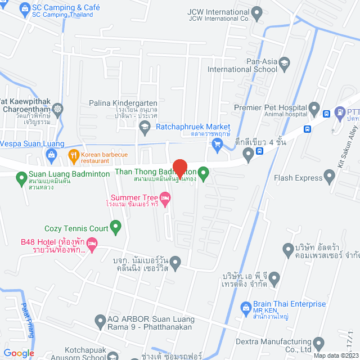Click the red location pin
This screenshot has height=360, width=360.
tap(179, 168)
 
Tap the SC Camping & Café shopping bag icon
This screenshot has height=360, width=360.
tap(24, 8)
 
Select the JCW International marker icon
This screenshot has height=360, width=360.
tap(257, 12)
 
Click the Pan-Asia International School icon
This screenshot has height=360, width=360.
tap(284, 62)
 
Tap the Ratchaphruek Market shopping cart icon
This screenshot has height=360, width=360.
tap(218, 145)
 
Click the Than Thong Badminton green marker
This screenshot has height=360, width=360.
tap(204, 172)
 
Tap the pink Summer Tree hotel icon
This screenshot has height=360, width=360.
tap(165, 197)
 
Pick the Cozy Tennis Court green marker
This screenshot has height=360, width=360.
tap(116, 228)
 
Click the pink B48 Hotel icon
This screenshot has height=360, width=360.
tap(93, 243)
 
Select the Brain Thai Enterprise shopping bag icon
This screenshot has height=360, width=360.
tap(245, 308)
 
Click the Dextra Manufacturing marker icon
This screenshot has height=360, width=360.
tap(319, 343)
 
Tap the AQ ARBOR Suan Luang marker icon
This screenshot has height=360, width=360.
tap(100, 320)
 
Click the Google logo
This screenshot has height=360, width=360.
tap(19, 353)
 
